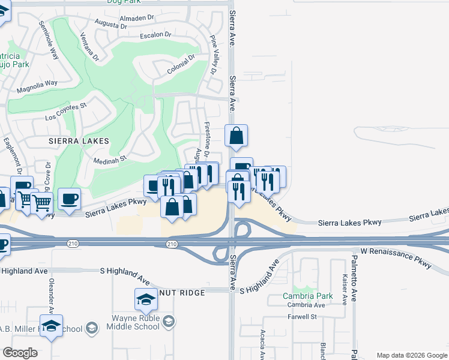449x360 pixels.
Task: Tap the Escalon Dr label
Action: click(156, 35)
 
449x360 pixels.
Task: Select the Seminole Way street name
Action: click(48, 41)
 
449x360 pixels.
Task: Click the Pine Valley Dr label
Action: click(214, 55)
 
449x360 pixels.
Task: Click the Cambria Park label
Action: click(307, 296)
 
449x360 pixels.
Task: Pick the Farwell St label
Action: click(301, 316)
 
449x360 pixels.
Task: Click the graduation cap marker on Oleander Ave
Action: click(52, 326)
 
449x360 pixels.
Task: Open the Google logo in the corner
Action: click(20, 353)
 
